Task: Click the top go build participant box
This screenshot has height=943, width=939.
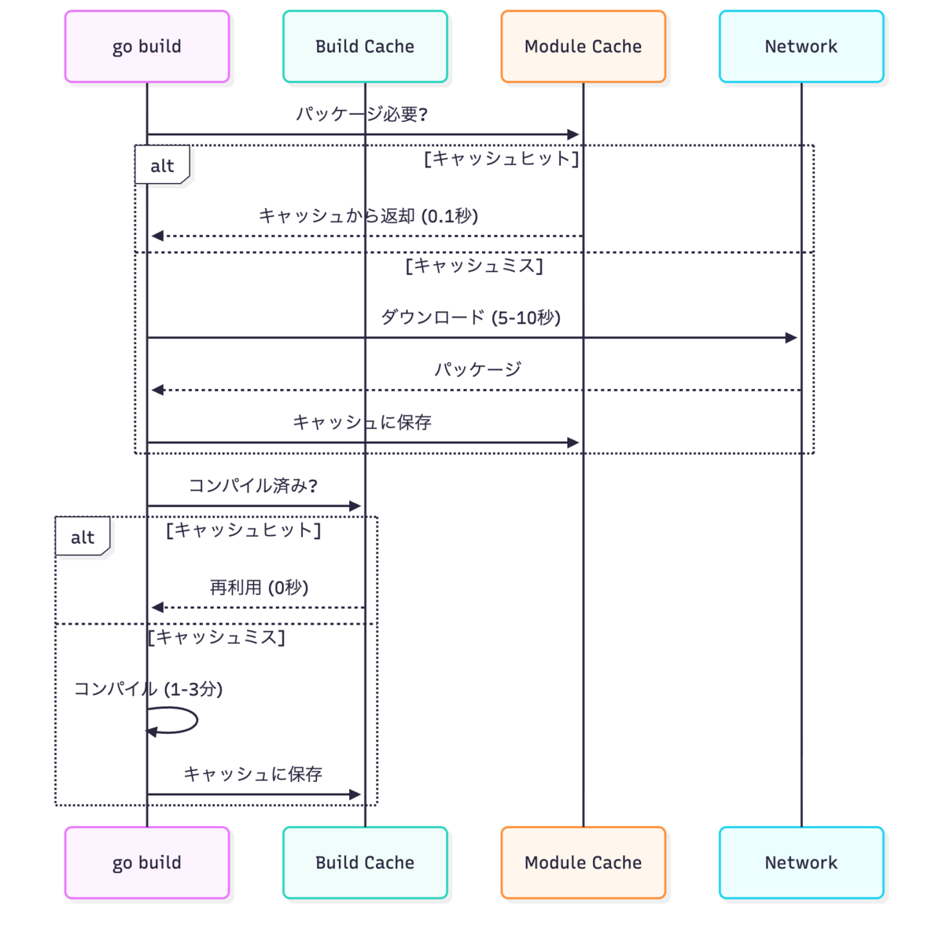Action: pyautogui.click(x=147, y=46)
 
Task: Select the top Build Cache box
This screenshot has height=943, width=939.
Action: pyautogui.click(x=365, y=46)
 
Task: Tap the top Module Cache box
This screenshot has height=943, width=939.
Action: pyautogui.click(x=583, y=46)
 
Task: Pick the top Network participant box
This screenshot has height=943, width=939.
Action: pyautogui.click(x=801, y=46)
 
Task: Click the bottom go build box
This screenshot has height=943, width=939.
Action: pyautogui.click(x=147, y=862)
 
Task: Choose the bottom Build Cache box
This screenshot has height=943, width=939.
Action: pyautogui.click(x=365, y=862)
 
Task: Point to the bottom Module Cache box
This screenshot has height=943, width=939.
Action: pyautogui.click(x=583, y=862)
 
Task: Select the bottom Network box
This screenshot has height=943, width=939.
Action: pyautogui.click(x=801, y=862)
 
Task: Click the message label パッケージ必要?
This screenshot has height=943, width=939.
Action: pyautogui.click(x=362, y=114)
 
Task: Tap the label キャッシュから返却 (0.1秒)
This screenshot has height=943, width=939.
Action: pyautogui.click(x=368, y=216)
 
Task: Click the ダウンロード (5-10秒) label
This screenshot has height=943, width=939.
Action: pyautogui.click(x=471, y=317)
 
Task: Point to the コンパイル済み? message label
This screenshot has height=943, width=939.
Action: pyautogui.click(x=253, y=486)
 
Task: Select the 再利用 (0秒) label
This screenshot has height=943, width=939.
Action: pyautogui.click(x=259, y=587)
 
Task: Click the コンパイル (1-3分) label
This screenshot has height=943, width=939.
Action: pyautogui.click(x=149, y=689)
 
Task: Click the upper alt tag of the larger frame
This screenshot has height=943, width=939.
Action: pyautogui.click(x=162, y=165)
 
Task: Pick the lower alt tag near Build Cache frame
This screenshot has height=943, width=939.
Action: pyautogui.click(x=83, y=537)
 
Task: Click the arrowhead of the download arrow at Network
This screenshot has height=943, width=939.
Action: pyautogui.click(x=791, y=338)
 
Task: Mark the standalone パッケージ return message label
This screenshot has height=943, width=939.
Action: pyautogui.click(x=478, y=369)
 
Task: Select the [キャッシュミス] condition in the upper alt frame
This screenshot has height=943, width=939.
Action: pyautogui.click(x=474, y=266)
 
